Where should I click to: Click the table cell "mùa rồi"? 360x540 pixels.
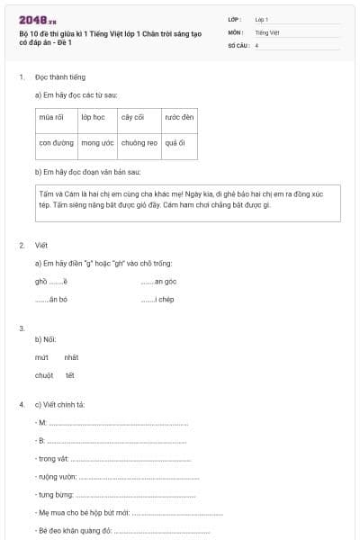pyautogui.click(x=51, y=117)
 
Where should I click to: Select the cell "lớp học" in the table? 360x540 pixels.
pyautogui.click(x=93, y=117)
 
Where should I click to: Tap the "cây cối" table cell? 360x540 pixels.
pyautogui.click(x=133, y=117)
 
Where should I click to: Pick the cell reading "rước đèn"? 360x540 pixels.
pyautogui.click(x=179, y=117)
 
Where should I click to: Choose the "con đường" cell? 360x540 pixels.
pyautogui.click(x=57, y=142)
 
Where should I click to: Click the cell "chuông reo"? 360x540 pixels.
pyautogui.click(x=139, y=142)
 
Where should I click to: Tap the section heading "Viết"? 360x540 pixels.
pyautogui.click(x=41, y=245)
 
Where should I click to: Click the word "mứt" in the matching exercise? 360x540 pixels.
pyautogui.click(x=41, y=357)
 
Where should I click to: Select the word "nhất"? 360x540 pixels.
pyautogui.click(x=71, y=357)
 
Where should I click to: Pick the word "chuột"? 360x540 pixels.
pyautogui.click(x=44, y=375)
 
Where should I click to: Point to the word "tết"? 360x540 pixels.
pyautogui.click(x=69, y=375)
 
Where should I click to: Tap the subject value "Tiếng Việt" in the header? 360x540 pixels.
pyautogui.click(x=267, y=31)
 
